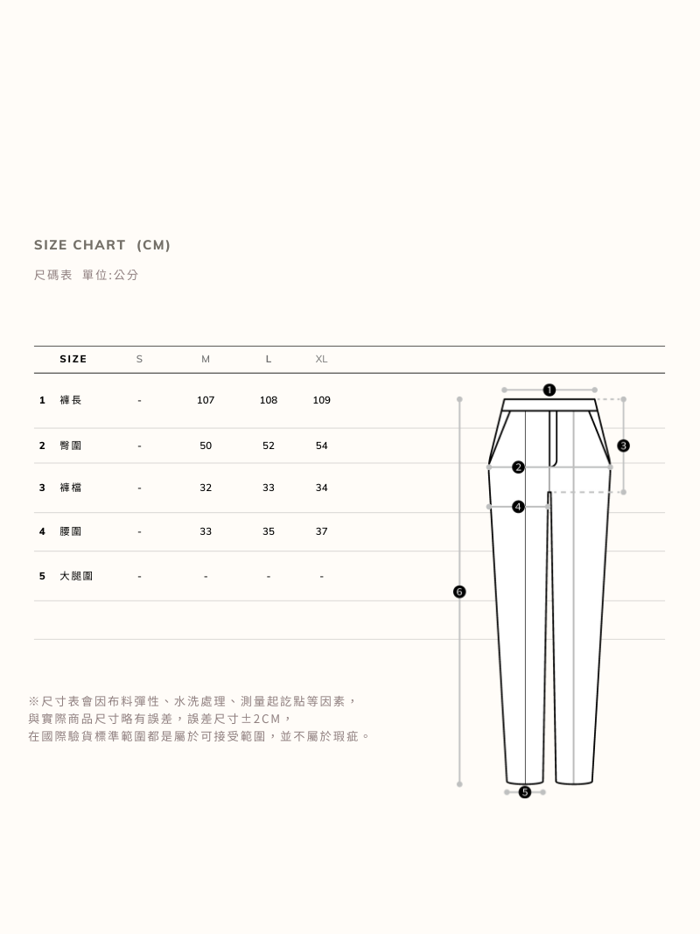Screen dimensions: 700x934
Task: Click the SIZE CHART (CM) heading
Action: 101,245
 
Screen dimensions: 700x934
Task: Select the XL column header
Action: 321,359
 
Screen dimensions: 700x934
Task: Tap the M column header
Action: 206,359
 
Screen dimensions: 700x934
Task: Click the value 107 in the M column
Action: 206,400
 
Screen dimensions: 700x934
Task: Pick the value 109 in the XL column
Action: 321,400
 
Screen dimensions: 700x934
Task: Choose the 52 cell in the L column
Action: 269,446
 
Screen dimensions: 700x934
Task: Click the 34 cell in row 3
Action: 321,488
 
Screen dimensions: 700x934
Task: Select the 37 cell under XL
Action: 321,531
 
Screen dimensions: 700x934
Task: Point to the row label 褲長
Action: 70,400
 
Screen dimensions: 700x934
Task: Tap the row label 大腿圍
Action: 76,576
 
